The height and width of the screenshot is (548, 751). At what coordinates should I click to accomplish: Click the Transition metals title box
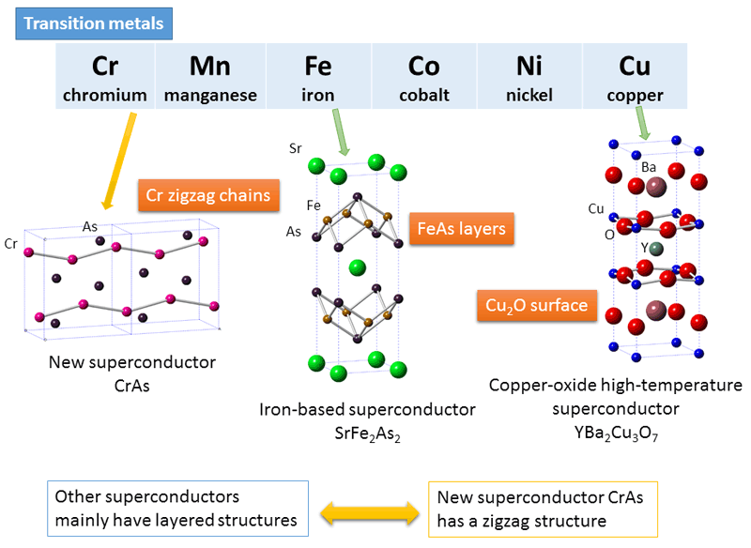pos(94,23)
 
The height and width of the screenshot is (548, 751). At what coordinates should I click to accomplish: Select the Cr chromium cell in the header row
pos(105,76)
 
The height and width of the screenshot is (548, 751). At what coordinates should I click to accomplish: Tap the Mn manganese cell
pos(210,76)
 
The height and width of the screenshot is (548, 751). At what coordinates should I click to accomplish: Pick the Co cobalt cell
pos(424,76)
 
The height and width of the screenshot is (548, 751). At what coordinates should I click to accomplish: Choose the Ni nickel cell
pos(529,76)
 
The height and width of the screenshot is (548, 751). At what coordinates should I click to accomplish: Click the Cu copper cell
pos(636,76)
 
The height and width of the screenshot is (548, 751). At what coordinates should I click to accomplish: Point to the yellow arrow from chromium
pos(119,161)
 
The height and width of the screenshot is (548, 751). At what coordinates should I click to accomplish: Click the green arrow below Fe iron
pos(341,132)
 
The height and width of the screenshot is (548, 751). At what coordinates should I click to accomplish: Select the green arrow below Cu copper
pos(643,123)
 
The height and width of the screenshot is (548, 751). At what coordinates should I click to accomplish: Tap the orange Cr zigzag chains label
pos(208,195)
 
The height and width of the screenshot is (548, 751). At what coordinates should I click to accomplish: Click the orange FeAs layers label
pos(462,229)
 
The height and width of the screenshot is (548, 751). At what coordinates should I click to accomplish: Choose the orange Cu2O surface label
pos(537,305)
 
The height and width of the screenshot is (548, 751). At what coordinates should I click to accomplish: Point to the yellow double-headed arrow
pos(370,513)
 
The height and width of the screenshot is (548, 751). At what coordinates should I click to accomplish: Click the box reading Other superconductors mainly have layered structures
pos(177,509)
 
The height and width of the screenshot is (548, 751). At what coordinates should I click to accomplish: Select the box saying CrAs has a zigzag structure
pos(543,510)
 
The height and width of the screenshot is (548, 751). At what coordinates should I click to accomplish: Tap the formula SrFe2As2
pos(367,434)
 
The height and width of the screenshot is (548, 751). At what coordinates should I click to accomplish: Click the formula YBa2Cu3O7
pos(616,434)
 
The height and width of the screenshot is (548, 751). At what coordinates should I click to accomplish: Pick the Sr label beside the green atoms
pos(296,148)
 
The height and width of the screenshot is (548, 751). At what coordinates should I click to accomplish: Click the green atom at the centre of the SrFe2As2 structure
pos(358,267)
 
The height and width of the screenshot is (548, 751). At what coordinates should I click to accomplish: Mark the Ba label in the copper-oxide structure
pos(649,167)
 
